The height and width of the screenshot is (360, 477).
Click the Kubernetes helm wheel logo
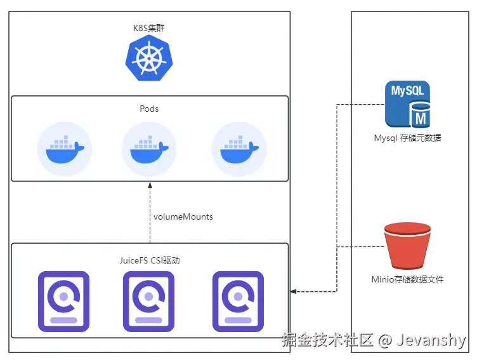pos(149,58)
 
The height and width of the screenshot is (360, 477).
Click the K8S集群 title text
pos(149,28)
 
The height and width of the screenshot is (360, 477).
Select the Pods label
pos(149,109)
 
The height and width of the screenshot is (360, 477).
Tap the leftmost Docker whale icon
pos(65,149)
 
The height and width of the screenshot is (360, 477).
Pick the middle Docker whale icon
pos(149,149)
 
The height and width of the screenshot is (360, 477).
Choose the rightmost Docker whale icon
pos(239,149)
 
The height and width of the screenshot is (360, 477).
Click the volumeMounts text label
pos(183,217)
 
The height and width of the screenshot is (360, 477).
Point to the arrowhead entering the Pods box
pos(150,185)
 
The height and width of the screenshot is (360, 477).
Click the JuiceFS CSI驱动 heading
pos(150,260)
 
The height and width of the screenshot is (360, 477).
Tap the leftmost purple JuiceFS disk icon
pos(63,302)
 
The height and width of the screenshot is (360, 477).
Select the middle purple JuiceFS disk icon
pos(149,302)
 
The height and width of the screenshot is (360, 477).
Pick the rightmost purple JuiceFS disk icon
pos(238,302)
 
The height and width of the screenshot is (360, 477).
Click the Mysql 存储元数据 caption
pos(407,138)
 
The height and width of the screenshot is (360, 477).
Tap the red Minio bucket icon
pos(407,246)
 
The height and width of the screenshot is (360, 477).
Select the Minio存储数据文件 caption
pos(407,279)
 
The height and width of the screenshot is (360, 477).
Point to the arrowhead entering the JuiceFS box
pos(294,291)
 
